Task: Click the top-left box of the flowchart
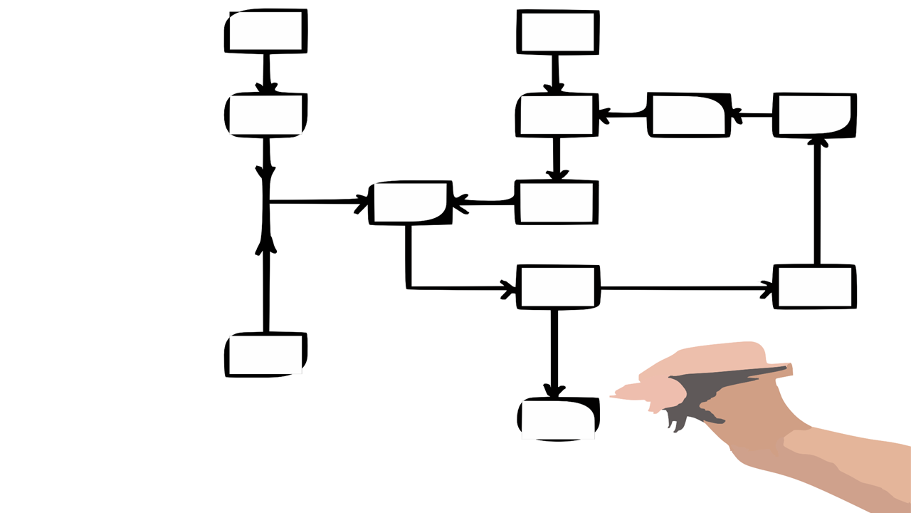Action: tap(266, 31)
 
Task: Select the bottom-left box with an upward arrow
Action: tap(266, 354)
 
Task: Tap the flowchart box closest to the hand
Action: tap(558, 419)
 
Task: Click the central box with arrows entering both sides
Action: tap(411, 202)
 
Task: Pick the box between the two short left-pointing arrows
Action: tap(688, 115)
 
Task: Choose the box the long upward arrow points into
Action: tap(815, 115)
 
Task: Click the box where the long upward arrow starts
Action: tap(815, 287)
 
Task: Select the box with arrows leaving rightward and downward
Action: tap(557, 287)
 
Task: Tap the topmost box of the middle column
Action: tap(558, 31)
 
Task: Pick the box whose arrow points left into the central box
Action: tap(556, 202)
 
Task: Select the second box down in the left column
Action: tap(266, 115)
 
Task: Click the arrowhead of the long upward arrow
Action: tap(818, 142)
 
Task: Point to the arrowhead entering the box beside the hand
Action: tap(554, 391)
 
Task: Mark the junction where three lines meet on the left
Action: tap(266, 202)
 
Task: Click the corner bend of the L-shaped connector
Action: tap(409, 287)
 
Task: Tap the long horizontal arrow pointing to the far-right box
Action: tap(683, 288)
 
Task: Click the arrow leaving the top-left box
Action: tap(266, 73)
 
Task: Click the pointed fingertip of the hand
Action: tap(613, 395)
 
